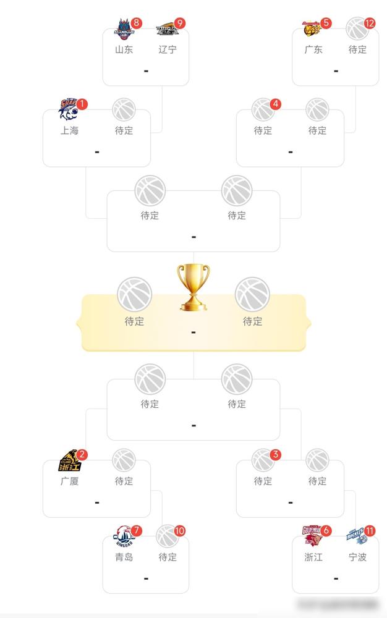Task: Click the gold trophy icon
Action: (x=193, y=287)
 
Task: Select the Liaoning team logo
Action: (x=167, y=28)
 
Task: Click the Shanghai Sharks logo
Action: (x=69, y=109)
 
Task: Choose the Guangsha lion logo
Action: (x=69, y=460)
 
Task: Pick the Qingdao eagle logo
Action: (x=124, y=536)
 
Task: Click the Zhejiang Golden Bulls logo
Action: (x=313, y=536)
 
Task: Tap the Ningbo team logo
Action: (x=357, y=536)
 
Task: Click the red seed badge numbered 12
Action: (x=370, y=23)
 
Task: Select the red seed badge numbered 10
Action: (x=180, y=531)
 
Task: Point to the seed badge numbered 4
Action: (x=276, y=104)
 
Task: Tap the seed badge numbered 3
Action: (x=276, y=455)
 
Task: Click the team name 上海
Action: (x=69, y=130)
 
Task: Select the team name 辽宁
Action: (x=168, y=49)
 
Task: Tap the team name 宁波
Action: (x=357, y=557)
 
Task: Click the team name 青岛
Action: (x=124, y=557)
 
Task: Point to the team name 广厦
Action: (x=69, y=481)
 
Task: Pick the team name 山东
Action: (x=124, y=49)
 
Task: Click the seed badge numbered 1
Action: (x=83, y=104)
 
